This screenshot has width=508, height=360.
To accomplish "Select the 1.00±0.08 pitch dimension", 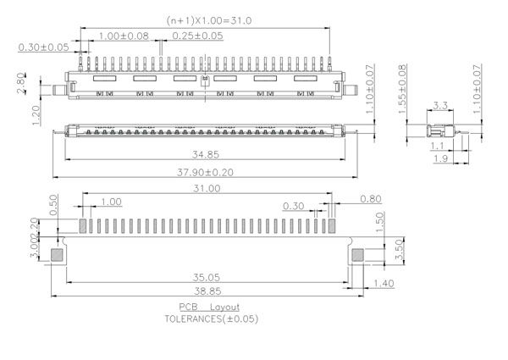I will (x=123, y=36).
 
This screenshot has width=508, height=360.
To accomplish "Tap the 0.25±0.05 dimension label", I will (x=197, y=36).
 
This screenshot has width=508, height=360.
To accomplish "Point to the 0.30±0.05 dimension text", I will (x=44, y=47).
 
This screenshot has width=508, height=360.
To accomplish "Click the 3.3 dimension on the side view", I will (x=440, y=107).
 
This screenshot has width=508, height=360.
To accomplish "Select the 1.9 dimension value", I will (x=440, y=158).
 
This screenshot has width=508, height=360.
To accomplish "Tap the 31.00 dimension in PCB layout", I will (x=207, y=188).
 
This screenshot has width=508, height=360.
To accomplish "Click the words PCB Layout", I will (x=208, y=307).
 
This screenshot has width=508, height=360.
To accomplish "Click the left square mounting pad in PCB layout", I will (x=58, y=253).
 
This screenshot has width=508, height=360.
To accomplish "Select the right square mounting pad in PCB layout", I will (x=356, y=253).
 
